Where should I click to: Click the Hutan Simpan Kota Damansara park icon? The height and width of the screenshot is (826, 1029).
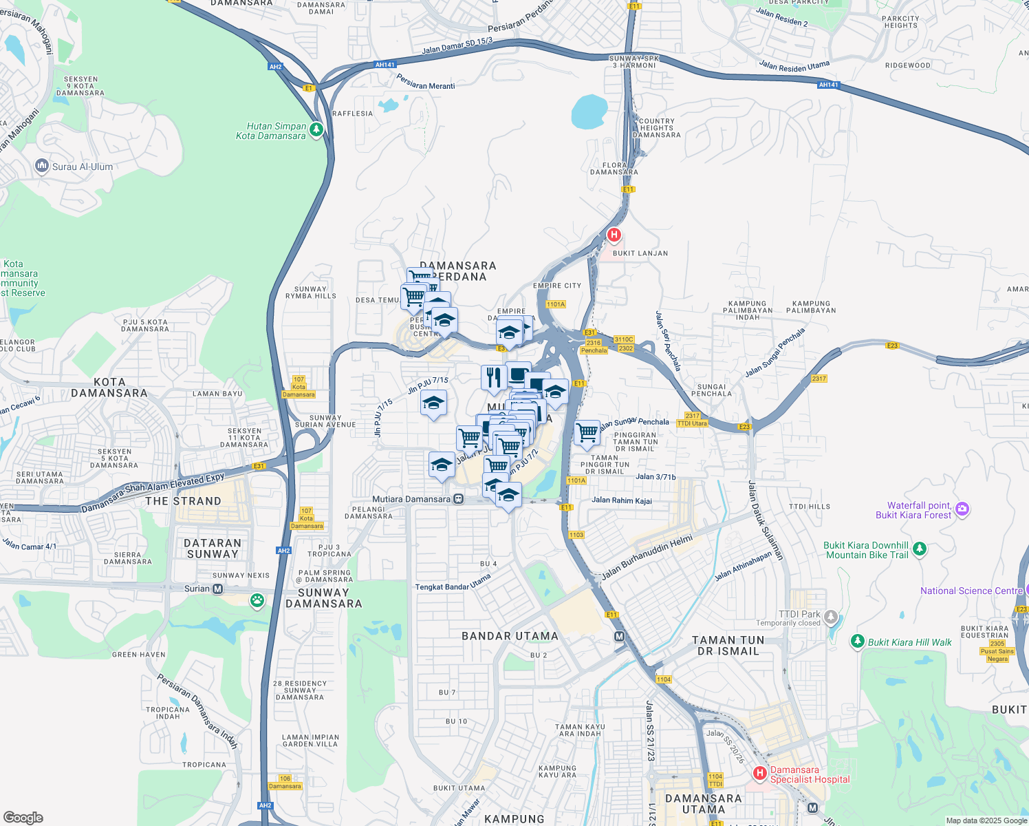[x=316, y=129]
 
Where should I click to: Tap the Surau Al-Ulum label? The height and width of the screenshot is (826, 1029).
[x=83, y=167]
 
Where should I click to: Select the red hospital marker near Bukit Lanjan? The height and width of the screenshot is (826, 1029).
[x=614, y=235]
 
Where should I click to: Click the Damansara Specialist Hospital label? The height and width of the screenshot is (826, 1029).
[x=810, y=775]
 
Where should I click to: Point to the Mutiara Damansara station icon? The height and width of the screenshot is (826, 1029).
[x=459, y=499]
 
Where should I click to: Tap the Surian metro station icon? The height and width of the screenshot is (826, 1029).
[x=218, y=589]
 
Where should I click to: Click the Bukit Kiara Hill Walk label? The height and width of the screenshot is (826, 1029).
[x=909, y=642]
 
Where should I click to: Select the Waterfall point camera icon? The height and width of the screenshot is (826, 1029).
[x=962, y=509]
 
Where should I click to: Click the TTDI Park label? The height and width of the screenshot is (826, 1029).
[x=799, y=614]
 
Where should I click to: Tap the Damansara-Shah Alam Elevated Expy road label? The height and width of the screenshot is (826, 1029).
[x=153, y=493]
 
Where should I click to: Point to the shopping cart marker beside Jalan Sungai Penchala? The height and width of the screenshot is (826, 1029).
[x=587, y=434]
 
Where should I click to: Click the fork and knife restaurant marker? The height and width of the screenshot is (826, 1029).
[x=493, y=377]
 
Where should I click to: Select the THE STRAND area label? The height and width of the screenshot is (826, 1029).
[x=183, y=501]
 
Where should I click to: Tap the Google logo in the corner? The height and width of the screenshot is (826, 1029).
[x=23, y=817]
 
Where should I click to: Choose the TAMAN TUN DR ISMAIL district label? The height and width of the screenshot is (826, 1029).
[x=728, y=646]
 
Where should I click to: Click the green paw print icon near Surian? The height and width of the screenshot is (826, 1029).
[x=257, y=600]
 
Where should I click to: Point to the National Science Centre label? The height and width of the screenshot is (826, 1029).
[x=971, y=591]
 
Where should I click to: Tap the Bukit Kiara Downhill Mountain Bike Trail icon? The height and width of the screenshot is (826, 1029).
[x=920, y=549]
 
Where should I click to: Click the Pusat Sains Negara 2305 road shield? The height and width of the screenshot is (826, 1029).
[x=997, y=651]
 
